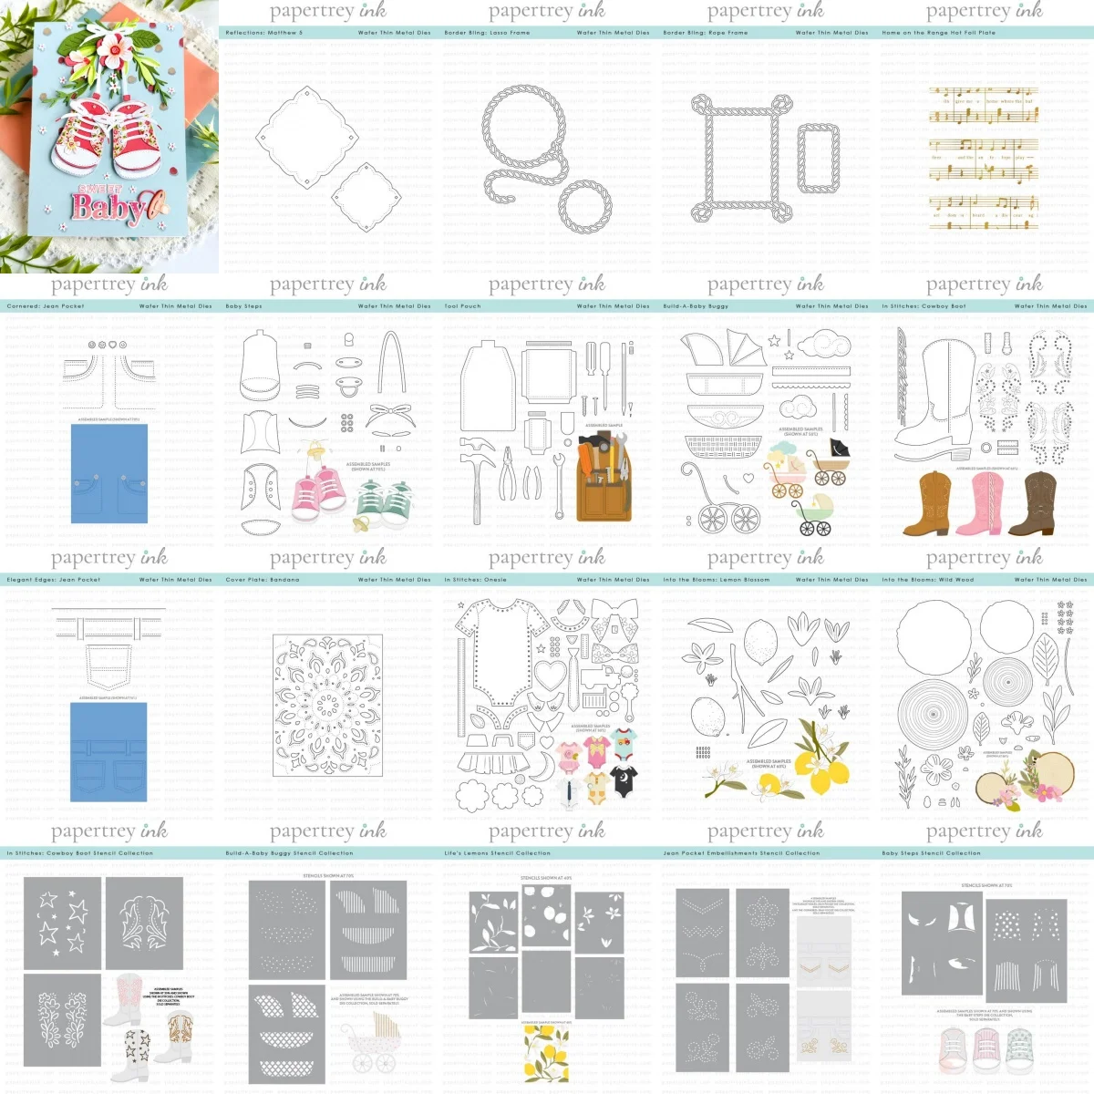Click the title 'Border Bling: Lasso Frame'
tap(487, 33)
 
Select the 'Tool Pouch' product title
tap(463, 306)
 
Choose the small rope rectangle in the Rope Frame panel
tap(818, 159)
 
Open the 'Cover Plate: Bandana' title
tap(262, 580)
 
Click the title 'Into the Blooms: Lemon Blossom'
tap(717, 580)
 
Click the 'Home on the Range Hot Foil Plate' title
tap(938, 33)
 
